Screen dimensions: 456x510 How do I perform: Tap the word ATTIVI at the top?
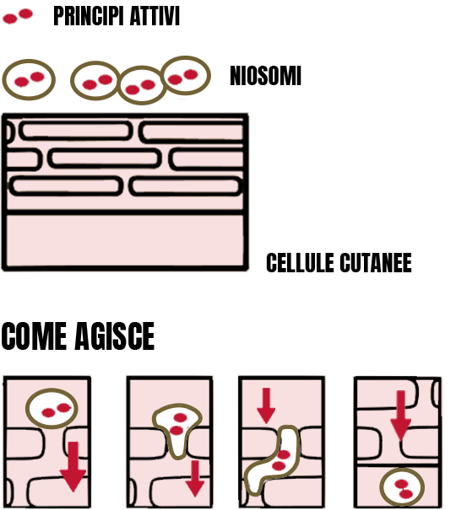155,16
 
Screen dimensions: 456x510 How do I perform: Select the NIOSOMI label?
265,76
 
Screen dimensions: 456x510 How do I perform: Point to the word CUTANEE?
376,262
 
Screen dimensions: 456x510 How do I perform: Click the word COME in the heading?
34,336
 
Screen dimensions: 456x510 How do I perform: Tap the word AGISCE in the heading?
115,336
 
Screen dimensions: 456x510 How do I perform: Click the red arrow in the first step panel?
73,466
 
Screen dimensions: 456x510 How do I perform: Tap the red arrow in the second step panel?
195,479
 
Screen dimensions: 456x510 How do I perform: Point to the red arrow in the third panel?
266,405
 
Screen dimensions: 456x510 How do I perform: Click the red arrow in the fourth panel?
400,416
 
